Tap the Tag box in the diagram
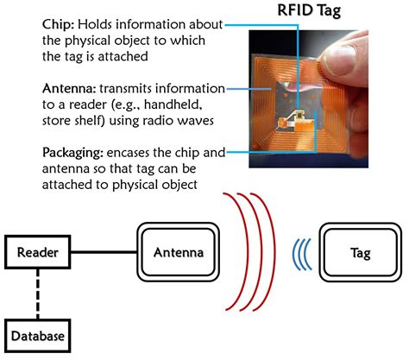(x=362, y=252)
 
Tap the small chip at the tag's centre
(x=299, y=114)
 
